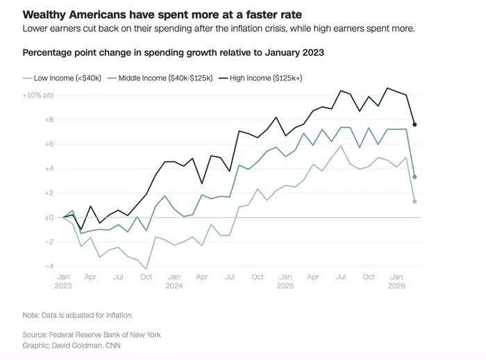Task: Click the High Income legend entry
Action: coord(260,78)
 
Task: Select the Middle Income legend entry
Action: coord(160,78)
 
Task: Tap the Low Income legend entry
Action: coord(62,78)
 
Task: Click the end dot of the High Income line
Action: coord(414,124)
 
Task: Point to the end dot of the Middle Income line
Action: coord(414,177)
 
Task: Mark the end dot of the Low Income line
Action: coord(414,202)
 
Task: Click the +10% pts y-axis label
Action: coord(37,95)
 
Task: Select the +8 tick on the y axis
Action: coord(49,120)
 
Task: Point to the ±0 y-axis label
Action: coord(49,218)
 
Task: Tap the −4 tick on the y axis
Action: coord(49,266)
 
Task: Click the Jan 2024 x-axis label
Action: coord(174,281)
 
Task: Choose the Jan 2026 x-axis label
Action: coord(396,281)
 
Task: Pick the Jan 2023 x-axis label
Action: coord(63,281)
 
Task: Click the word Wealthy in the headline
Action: coord(43,15)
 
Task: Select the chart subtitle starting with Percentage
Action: coord(174,52)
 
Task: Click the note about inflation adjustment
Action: coord(78,316)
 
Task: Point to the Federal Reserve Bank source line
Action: coord(92,335)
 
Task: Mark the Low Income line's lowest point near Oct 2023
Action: coord(146,269)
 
